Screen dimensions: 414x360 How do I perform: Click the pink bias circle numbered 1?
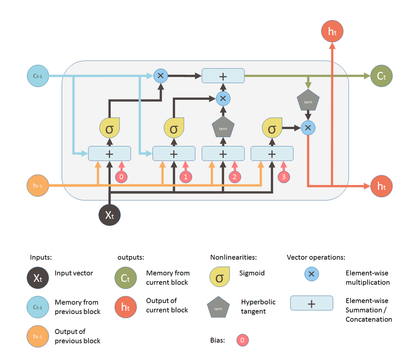(x=186, y=177)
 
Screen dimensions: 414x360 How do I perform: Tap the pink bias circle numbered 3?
(x=284, y=177)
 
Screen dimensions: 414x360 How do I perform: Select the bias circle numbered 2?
(x=235, y=177)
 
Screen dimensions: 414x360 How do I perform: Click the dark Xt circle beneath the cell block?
(x=109, y=215)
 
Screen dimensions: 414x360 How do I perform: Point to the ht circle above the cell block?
(x=332, y=31)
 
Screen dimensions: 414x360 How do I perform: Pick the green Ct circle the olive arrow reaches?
(x=381, y=76)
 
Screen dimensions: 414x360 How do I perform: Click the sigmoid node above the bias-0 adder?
(x=109, y=128)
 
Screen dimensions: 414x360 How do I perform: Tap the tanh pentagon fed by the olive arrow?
(x=308, y=100)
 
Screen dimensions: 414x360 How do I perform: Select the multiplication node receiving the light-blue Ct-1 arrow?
(x=160, y=76)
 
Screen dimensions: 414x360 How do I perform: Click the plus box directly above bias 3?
(x=272, y=154)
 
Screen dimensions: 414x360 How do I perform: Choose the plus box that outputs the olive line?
(x=223, y=76)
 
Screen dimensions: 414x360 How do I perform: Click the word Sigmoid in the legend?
(x=252, y=273)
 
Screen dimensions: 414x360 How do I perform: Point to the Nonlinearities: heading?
(x=233, y=257)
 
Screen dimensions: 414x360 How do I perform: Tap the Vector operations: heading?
(x=316, y=257)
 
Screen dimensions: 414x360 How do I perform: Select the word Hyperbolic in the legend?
(x=258, y=302)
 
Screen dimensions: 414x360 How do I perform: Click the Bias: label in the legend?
(x=217, y=340)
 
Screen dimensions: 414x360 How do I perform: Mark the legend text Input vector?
(x=74, y=273)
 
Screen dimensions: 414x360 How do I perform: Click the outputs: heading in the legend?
(x=131, y=257)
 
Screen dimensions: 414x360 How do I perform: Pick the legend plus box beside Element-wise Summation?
(x=311, y=303)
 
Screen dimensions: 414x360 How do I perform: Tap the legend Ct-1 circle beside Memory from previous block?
(x=38, y=307)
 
